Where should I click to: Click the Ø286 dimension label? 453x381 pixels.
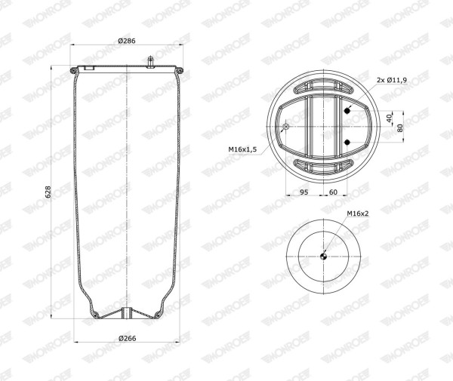click(x=127, y=41)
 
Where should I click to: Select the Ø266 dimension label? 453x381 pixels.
click(x=128, y=338)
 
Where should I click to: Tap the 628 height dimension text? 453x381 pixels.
click(x=48, y=192)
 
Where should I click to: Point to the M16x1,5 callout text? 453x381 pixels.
click(x=242, y=149)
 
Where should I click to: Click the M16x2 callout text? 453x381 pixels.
click(x=358, y=214)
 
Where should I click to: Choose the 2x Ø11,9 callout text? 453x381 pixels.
click(x=392, y=80)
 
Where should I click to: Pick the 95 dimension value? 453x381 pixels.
click(x=304, y=192)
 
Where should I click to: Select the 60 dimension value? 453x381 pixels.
click(x=333, y=192)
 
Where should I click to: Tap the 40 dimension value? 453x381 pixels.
click(x=389, y=118)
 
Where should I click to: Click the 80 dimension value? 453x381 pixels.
click(x=400, y=128)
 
